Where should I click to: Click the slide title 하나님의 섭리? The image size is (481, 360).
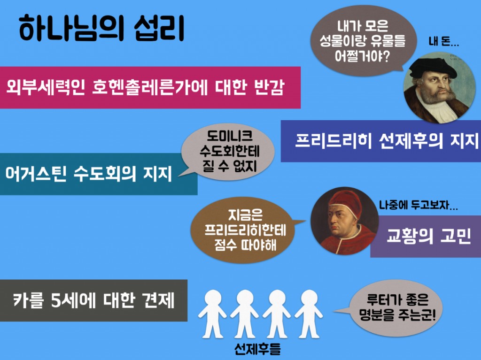click(x=101, y=29)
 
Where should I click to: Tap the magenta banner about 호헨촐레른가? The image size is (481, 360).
click(x=146, y=87)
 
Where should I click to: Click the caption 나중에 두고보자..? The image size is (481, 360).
click(x=419, y=205)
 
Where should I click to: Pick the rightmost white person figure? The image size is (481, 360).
click(x=309, y=313)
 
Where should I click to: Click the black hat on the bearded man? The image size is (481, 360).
click(x=434, y=68)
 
